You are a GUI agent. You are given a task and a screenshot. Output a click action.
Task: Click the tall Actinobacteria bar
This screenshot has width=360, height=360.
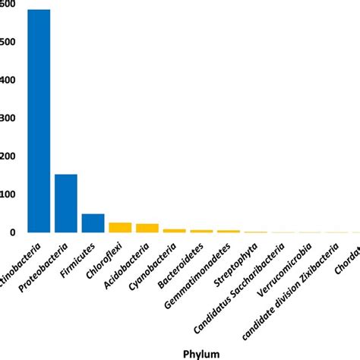pyautogui.click(x=39, y=122)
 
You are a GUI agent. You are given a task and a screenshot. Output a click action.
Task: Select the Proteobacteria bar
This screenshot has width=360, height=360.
pyautogui.click(x=66, y=204)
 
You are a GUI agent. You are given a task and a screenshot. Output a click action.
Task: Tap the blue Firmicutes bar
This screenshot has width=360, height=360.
pyautogui.click(x=93, y=223)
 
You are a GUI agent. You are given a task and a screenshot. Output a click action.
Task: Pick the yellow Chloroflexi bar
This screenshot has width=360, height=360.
pyautogui.click(x=120, y=227)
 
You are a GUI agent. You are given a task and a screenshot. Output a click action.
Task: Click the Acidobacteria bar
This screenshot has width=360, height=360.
pyautogui.click(x=147, y=228)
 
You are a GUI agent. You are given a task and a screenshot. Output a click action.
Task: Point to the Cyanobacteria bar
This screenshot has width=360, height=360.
pyautogui.click(x=175, y=230)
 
